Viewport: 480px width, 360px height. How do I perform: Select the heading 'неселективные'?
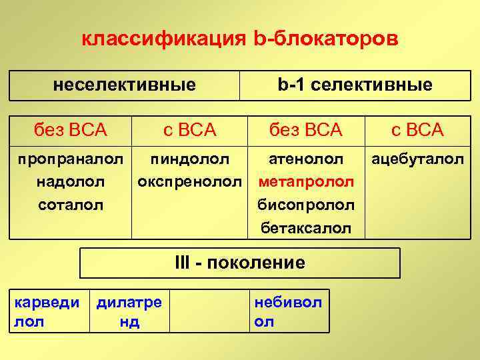pos(125,85)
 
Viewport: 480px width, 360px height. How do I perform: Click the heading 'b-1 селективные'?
pos(355,85)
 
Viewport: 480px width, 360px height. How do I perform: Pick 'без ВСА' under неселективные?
pos(71,129)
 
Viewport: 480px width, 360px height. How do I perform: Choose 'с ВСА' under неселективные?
pos(190,129)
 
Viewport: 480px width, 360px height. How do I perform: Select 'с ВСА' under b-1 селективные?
pos(417,129)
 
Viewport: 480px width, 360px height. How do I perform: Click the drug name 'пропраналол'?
pos(71,159)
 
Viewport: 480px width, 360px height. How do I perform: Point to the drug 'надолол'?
pos(71,182)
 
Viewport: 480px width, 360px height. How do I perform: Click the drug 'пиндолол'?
pos(190,159)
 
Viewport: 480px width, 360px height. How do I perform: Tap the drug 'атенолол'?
pos(306,159)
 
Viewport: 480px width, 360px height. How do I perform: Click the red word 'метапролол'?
pos(306,182)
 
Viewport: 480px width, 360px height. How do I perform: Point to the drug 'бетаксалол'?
pos(306,228)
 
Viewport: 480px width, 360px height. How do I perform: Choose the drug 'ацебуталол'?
pos(418,159)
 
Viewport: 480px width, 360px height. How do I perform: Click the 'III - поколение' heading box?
pos(240,263)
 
